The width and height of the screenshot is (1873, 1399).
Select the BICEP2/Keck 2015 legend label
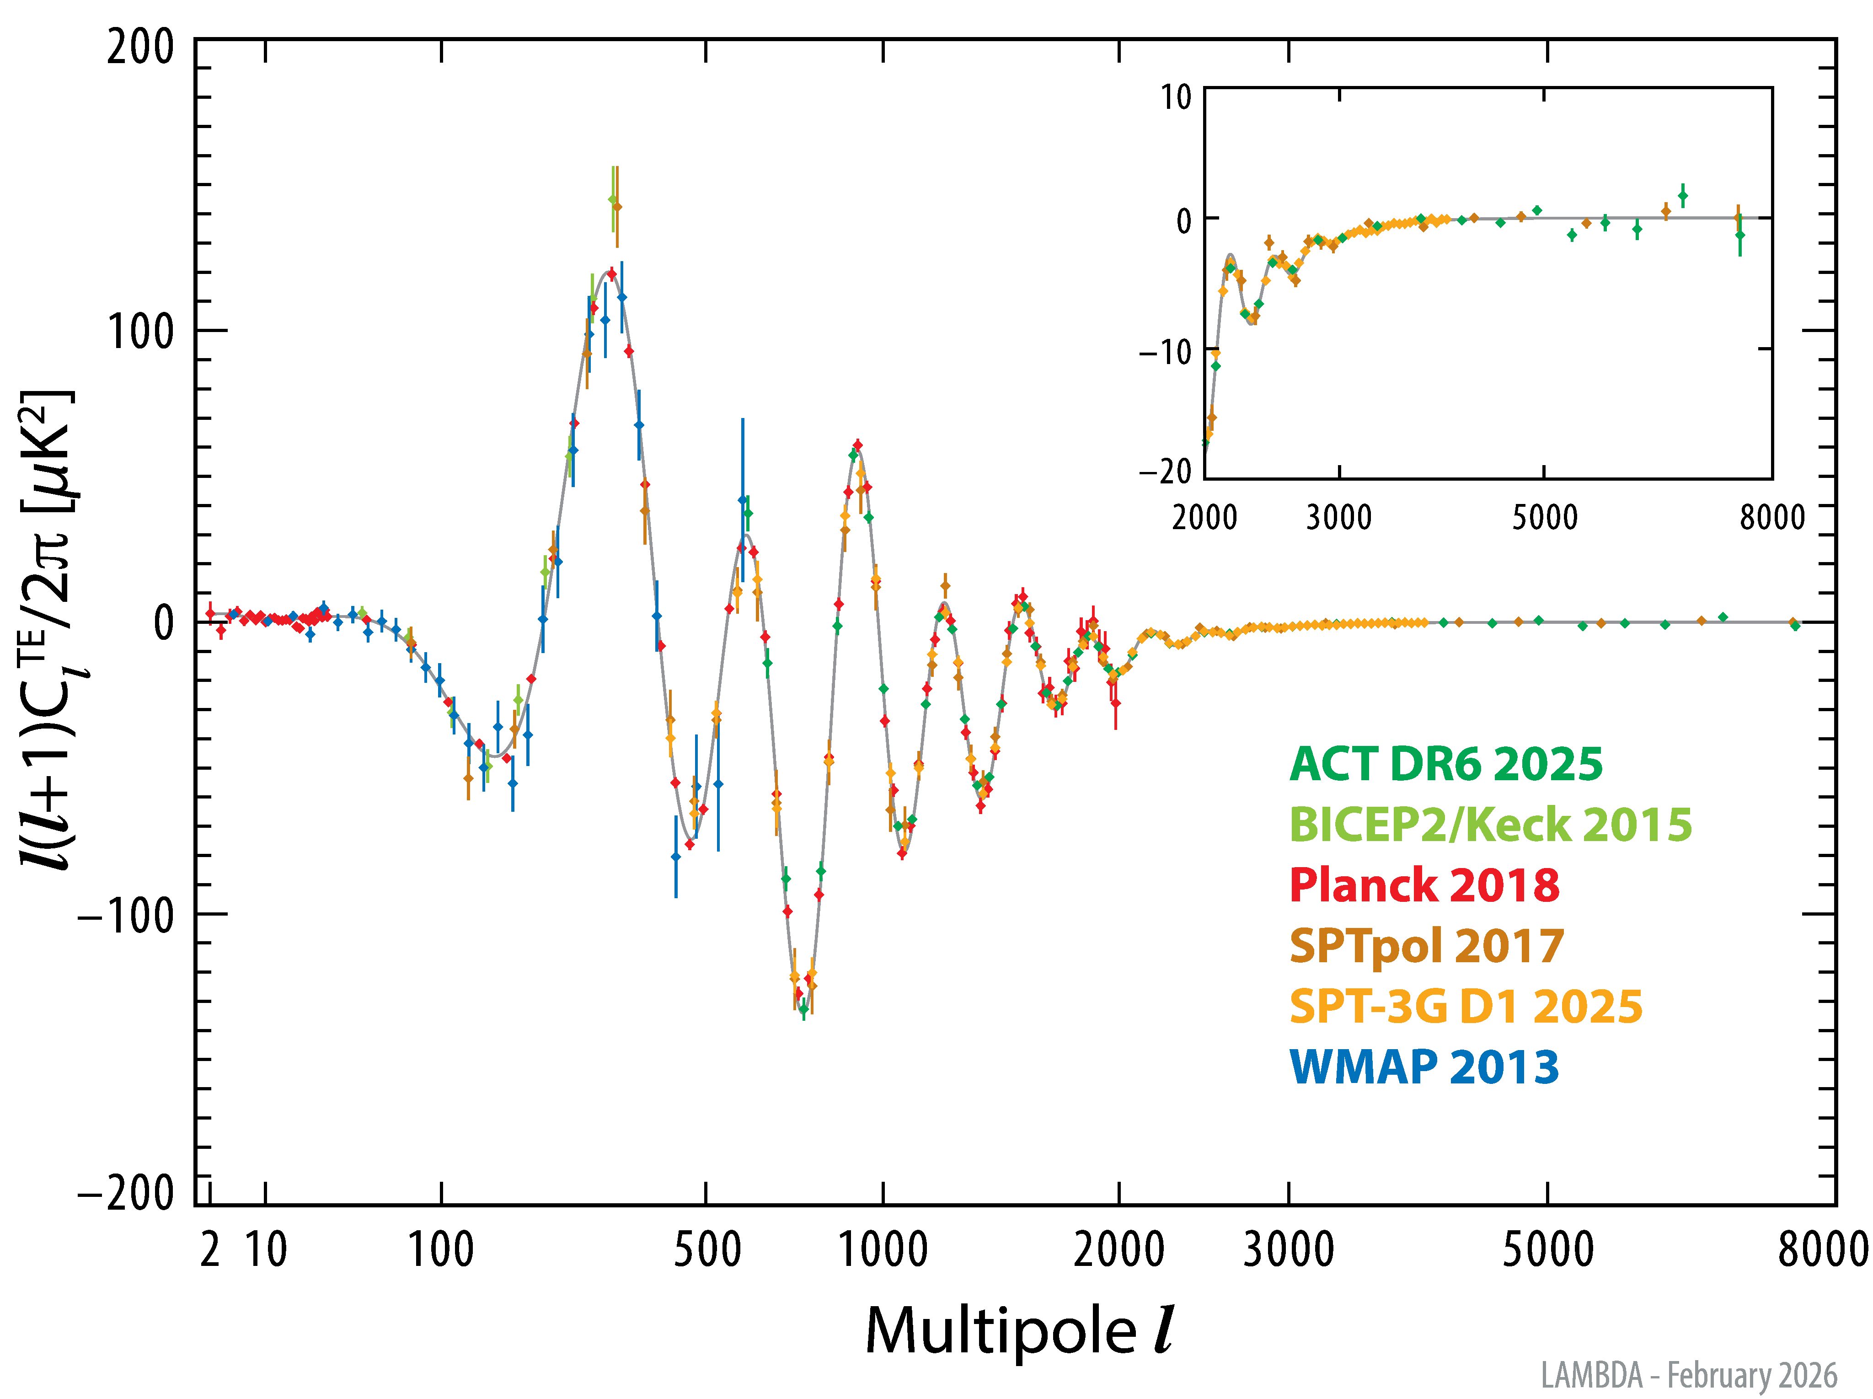[1490, 825]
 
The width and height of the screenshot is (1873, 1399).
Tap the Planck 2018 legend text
[1424, 886]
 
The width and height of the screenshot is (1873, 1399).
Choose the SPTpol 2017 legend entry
[1427, 946]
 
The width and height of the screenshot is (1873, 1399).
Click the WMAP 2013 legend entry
[1424, 1067]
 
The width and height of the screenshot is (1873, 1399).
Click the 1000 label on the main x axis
[883, 1250]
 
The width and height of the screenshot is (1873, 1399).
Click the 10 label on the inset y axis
[1176, 97]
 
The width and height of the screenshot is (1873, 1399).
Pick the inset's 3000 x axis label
[1339, 517]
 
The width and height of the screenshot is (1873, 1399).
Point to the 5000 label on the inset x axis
[1545, 517]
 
